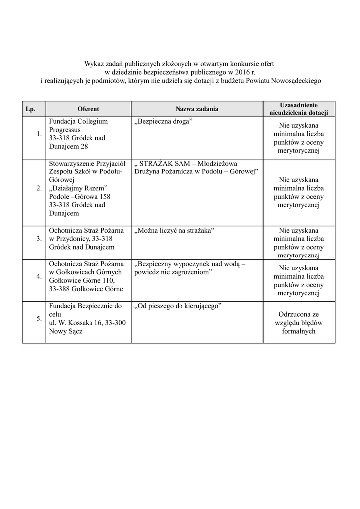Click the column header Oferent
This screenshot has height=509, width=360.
(x=89, y=109)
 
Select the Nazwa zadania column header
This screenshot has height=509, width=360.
(x=196, y=109)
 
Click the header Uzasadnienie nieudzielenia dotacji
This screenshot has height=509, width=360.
(x=299, y=109)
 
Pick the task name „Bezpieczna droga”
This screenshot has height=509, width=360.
(x=164, y=121)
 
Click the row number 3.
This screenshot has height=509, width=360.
(x=39, y=239)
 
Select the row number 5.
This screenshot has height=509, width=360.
(x=39, y=319)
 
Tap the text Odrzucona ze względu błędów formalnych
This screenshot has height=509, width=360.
(x=299, y=323)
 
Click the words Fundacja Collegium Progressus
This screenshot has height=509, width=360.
(x=78, y=125)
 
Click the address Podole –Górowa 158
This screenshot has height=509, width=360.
(x=80, y=196)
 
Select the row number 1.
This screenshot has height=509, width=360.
(x=39, y=134)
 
